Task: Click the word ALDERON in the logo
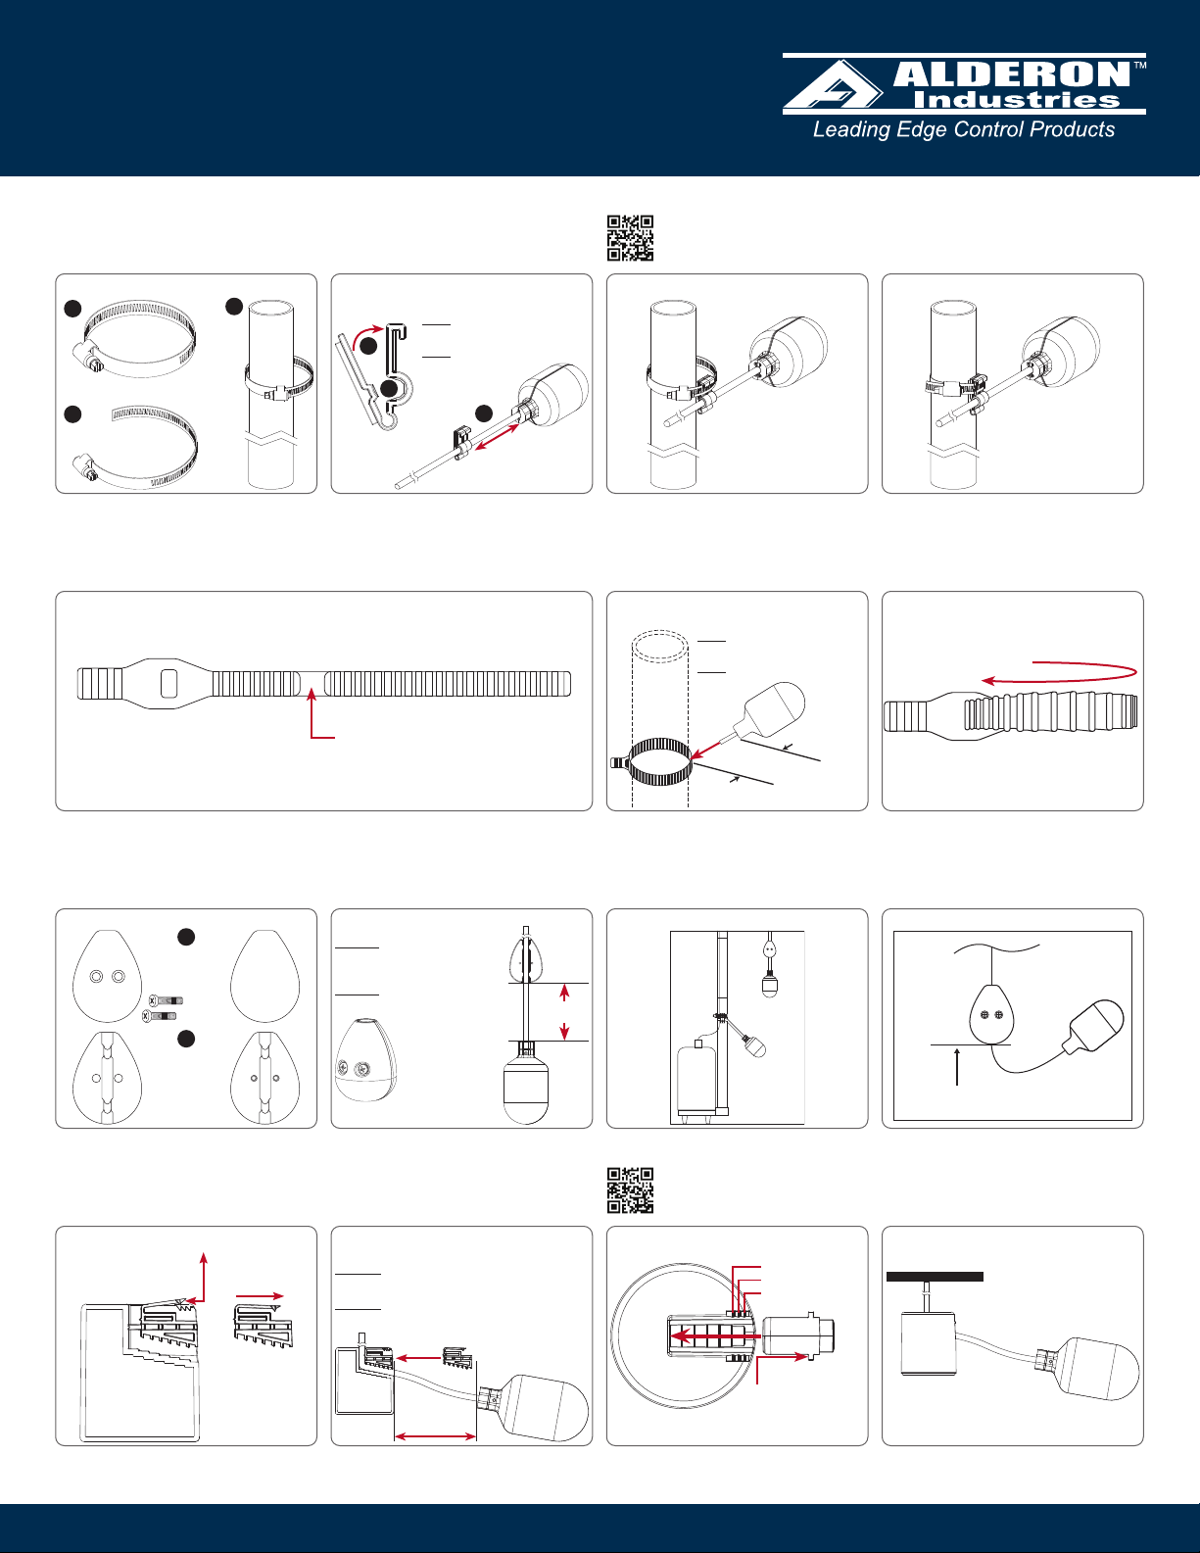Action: click(1012, 75)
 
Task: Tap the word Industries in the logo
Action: click(1016, 100)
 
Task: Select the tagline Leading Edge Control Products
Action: click(964, 129)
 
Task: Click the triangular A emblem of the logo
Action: click(834, 85)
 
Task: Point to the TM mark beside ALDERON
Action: click(1139, 67)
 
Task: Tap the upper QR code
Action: click(630, 238)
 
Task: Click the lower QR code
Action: click(630, 1190)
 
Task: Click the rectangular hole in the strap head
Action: click(169, 683)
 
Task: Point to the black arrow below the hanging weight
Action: click(957, 1065)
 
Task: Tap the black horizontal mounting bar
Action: click(935, 1277)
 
